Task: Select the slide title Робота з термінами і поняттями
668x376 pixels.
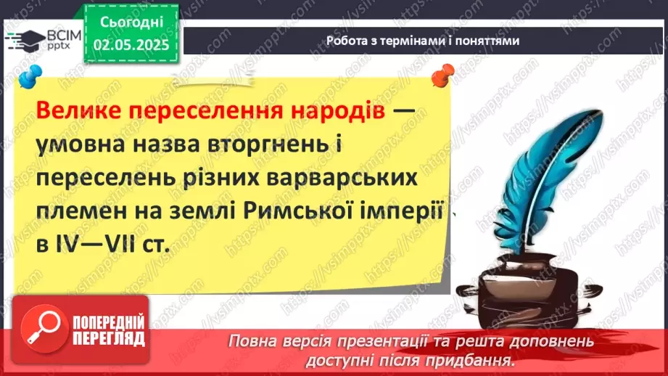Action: coord(423,41)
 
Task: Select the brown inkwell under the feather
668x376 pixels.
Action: coord(517,291)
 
